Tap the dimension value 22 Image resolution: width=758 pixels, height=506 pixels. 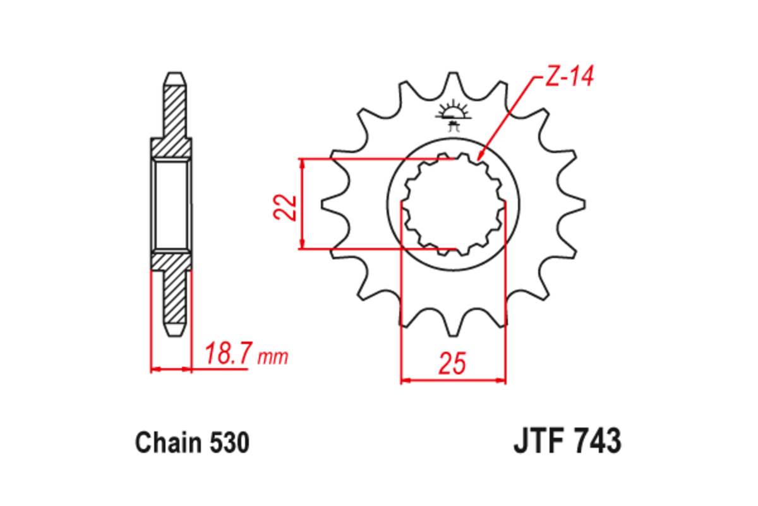[286, 206]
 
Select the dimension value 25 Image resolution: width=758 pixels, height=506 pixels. [453, 364]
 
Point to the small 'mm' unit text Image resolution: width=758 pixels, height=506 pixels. [273, 358]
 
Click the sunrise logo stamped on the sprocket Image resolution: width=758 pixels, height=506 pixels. [453, 113]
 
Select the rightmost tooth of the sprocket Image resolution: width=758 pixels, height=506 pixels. [577, 204]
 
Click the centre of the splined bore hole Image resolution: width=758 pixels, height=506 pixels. [454, 204]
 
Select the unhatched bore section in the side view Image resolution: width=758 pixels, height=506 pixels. [171, 205]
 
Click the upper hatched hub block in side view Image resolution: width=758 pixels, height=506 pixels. [171, 147]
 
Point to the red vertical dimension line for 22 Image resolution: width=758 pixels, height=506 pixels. [303, 204]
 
